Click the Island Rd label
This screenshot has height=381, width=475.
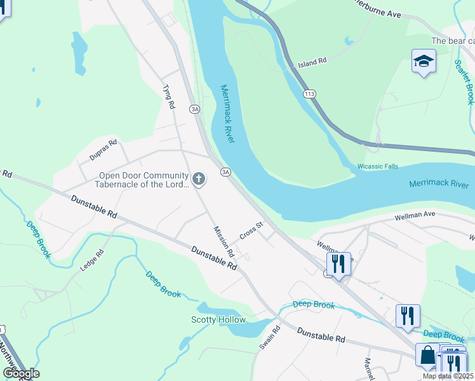pos(312,62)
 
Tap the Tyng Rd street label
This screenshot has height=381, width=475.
pos(168,97)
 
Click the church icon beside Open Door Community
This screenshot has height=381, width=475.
pos(199,179)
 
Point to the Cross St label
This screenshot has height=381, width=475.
pos(251,231)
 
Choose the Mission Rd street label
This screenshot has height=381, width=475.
pos(224,242)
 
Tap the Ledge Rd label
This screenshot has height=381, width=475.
pos(91,260)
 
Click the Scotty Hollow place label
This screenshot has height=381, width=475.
pos(218,319)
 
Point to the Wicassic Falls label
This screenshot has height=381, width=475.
pos(377,166)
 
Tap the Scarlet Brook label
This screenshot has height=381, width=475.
pos(464,82)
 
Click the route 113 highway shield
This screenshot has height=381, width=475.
pos(309,94)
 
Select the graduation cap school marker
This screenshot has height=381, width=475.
pos(424,62)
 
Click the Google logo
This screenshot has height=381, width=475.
pos(21,373)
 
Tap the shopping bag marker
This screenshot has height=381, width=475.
pos(428,355)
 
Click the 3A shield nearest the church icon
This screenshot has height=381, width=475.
pos(225,172)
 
